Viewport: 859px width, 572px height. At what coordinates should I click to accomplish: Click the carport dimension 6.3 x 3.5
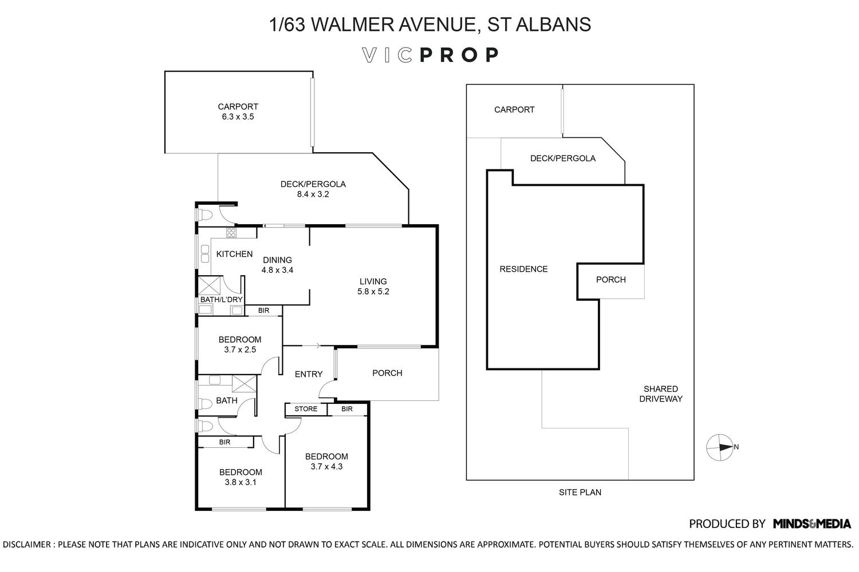click(238, 117)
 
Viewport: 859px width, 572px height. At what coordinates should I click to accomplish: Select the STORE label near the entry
click(306, 409)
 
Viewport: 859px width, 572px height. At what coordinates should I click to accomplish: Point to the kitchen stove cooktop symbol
click(231, 232)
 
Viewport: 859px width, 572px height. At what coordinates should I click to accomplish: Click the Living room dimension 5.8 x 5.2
click(373, 291)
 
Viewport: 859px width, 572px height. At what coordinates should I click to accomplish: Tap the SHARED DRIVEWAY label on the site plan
click(660, 394)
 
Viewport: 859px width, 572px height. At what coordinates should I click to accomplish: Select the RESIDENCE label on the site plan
click(523, 269)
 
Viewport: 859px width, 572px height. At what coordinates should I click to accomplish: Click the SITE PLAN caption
click(580, 492)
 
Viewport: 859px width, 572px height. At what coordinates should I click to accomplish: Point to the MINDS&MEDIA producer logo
click(811, 523)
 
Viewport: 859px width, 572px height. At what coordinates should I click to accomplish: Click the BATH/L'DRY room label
click(221, 300)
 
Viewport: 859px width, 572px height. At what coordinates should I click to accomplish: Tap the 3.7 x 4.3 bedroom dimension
click(326, 466)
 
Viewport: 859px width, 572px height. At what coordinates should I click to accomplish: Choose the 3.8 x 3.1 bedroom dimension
click(241, 482)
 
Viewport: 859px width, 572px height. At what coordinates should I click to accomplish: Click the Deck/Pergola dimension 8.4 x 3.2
click(313, 194)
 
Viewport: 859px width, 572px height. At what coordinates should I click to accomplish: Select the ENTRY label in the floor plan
click(308, 374)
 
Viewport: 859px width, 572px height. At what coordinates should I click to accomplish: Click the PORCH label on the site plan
click(610, 280)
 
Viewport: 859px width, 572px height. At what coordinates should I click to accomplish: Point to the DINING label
click(277, 260)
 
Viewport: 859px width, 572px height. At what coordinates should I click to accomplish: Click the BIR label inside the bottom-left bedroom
click(224, 442)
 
